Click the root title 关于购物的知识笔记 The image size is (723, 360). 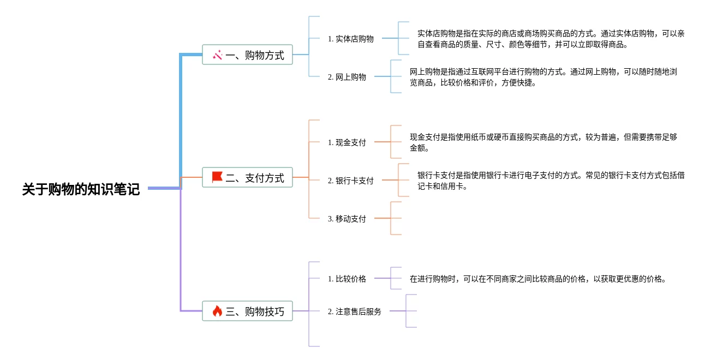[x=81, y=189]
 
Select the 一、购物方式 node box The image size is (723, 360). [x=247, y=55]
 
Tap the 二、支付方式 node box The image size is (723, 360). [x=247, y=177]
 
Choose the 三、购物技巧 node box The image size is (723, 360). [x=247, y=311]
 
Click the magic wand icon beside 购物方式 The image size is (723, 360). [x=217, y=55]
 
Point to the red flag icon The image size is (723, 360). [x=217, y=177]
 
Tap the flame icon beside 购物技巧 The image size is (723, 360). [x=217, y=311]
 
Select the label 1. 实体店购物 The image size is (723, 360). [x=351, y=39]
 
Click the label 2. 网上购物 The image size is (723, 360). [x=347, y=77]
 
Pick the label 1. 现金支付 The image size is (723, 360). [x=347, y=142]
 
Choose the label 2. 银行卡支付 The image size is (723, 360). [x=351, y=181]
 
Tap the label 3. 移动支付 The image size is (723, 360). [x=347, y=219]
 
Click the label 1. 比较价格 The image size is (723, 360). [x=347, y=279]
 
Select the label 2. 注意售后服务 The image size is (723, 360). [x=355, y=311]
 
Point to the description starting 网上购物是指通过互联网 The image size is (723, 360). [x=543, y=77]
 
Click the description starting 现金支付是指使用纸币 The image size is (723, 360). [x=543, y=142]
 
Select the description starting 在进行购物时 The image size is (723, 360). [x=537, y=279]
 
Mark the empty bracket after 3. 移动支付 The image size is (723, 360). [x=396, y=218]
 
